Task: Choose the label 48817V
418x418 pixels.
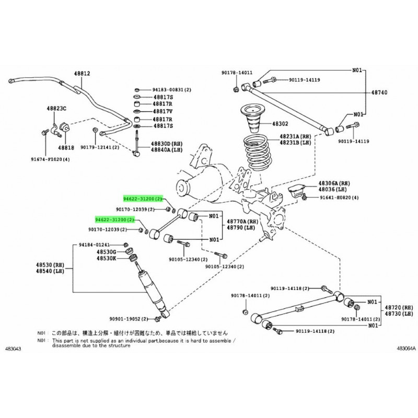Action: click(162, 112)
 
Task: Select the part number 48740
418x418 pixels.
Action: click(379, 91)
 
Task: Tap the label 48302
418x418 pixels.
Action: click(280, 124)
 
